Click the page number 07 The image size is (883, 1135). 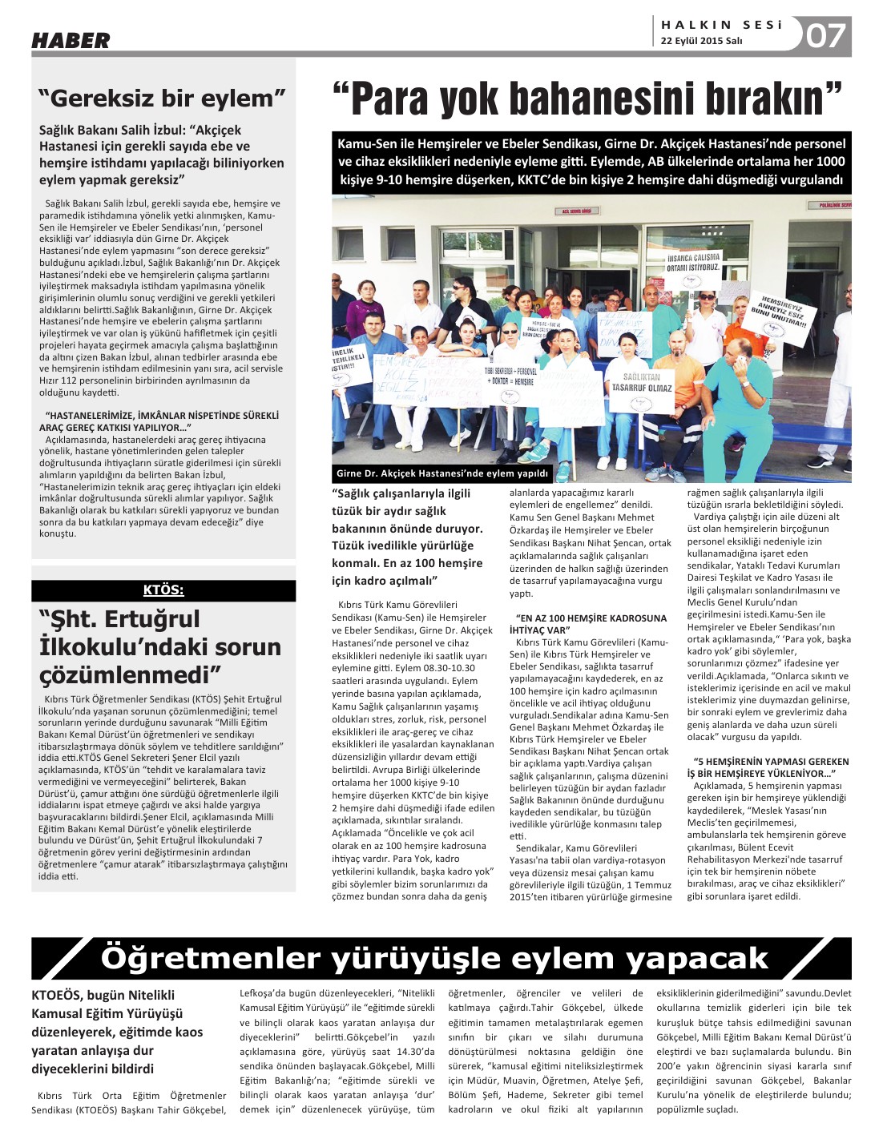click(x=825, y=35)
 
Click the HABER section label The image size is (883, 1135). click(x=71, y=40)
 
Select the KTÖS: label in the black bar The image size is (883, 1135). click(x=163, y=590)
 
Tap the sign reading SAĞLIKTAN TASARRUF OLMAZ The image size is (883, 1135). click(x=642, y=382)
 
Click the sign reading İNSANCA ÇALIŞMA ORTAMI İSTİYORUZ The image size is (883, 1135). click(x=693, y=263)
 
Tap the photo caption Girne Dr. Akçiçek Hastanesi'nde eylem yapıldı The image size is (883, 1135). click(x=442, y=473)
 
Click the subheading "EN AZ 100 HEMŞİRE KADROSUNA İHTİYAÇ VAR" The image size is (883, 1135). click(x=591, y=624)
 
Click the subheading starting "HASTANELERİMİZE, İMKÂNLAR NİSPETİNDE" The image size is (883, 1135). click(x=162, y=421)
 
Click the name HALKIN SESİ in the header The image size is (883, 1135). click(x=721, y=25)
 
